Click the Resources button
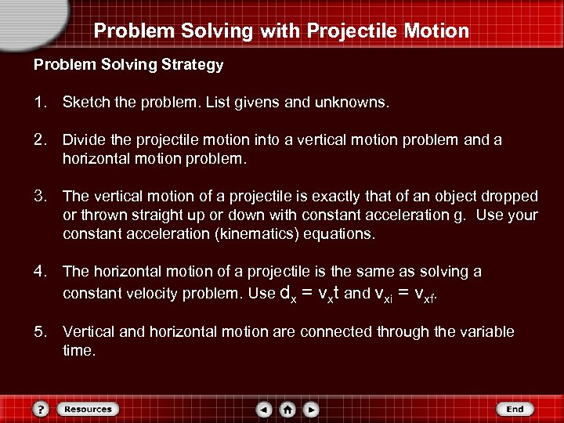click(x=88, y=409)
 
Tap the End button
click(x=514, y=409)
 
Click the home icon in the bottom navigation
click(x=288, y=409)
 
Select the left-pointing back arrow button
click(x=266, y=409)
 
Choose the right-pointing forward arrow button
click(x=311, y=409)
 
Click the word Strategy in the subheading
click(x=193, y=65)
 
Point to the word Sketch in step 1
click(x=85, y=103)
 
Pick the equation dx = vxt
click(x=310, y=294)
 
